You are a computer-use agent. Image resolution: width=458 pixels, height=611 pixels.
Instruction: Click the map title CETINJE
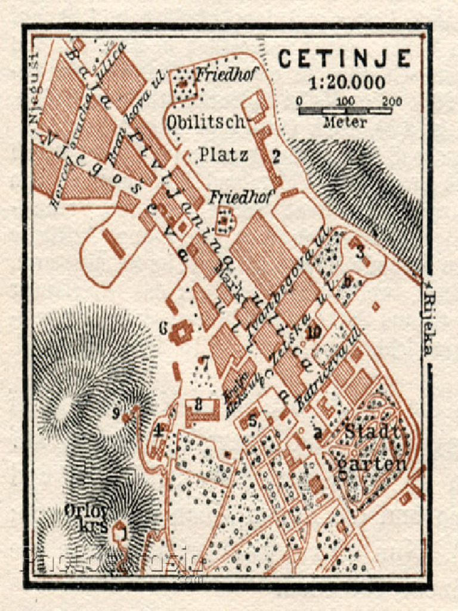pyautogui.click(x=345, y=58)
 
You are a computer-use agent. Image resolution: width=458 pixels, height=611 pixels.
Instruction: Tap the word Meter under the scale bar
pyautogui.click(x=345, y=122)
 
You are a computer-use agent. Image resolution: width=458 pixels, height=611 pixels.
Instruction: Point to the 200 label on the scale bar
pyautogui.click(x=392, y=101)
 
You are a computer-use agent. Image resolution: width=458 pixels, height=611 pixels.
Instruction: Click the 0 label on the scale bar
pyautogui.click(x=299, y=101)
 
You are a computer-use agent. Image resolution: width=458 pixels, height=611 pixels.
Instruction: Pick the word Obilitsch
pyautogui.click(x=206, y=122)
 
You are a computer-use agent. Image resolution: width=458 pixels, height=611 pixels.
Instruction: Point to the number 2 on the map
pyautogui.click(x=276, y=156)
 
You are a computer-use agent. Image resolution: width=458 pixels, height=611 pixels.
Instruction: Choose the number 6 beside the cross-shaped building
pyautogui.click(x=163, y=328)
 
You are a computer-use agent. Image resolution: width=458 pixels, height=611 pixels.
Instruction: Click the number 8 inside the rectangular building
pyautogui.click(x=199, y=405)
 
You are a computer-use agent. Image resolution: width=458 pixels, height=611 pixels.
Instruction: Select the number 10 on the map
pyautogui.click(x=315, y=332)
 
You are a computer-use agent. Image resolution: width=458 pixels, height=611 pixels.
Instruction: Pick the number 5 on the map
pyautogui.click(x=253, y=421)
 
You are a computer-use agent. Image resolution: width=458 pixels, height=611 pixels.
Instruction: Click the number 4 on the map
pyautogui.click(x=159, y=430)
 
